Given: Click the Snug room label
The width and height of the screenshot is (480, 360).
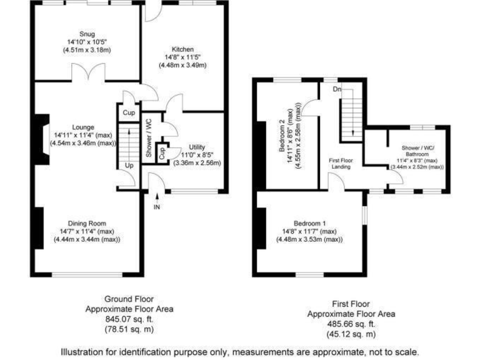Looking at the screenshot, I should [x=87, y=34].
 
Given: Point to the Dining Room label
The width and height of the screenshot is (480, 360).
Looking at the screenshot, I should [x=87, y=223].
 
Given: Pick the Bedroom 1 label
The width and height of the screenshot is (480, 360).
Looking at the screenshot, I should [x=310, y=223].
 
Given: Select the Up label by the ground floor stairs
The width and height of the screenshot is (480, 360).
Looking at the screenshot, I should [x=129, y=166].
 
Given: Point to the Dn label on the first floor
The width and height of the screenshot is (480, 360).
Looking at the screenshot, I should [x=337, y=90].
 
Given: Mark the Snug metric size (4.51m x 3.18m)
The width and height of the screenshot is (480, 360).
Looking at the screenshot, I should [x=87, y=50].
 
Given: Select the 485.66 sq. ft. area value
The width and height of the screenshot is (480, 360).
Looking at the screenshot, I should [x=342, y=324].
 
